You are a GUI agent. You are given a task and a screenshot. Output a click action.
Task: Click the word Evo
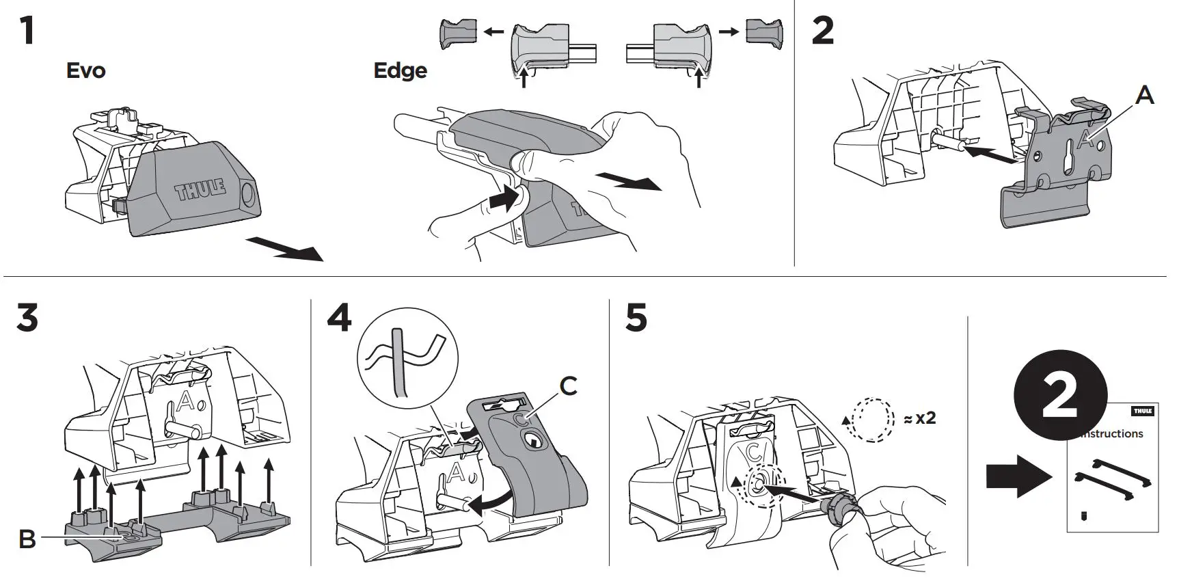click(86, 70)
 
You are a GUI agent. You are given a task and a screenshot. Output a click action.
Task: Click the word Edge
click(401, 70)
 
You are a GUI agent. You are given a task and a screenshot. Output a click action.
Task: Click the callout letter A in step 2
click(1144, 95)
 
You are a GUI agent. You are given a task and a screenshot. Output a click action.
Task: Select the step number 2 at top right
click(823, 31)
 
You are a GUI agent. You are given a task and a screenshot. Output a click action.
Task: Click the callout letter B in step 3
click(27, 539)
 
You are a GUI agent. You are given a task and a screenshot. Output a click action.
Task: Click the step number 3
click(27, 319)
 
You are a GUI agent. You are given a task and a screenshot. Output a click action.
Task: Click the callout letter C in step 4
click(568, 386)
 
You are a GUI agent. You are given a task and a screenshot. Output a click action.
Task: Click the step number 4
click(339, 318)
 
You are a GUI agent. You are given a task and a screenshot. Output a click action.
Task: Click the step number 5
click(636, 319)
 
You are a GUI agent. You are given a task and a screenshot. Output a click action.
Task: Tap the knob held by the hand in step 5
click(839, 509)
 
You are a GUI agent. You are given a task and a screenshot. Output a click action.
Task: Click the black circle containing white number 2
click(1060, 396)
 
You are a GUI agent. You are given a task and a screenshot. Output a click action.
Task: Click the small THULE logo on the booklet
click(1143, 411)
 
